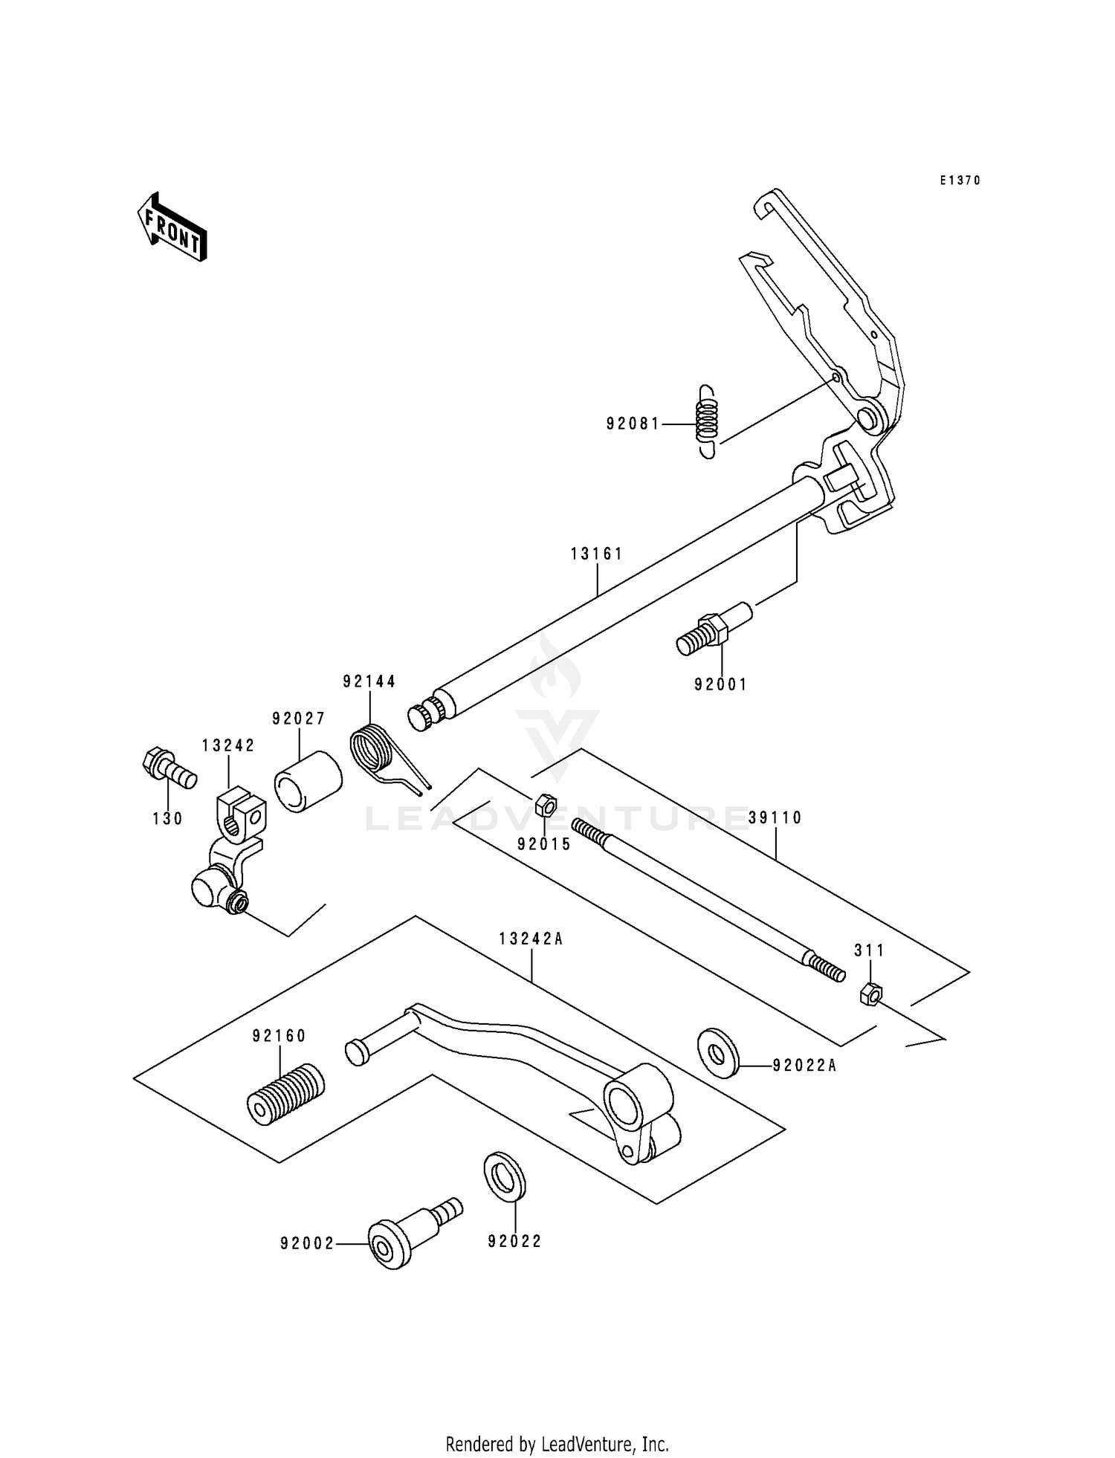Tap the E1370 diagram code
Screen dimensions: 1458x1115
pos(960,181)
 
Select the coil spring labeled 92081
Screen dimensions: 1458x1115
pos(708,421)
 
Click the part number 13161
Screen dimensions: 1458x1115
pos(597,554)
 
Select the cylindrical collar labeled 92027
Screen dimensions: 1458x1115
pos(308,782)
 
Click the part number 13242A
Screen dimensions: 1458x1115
pos(531,939)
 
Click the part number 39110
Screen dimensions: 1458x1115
pos(775,818)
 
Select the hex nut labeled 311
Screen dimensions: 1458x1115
pos(870,993)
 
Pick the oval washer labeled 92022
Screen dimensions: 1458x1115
pos(505,1176)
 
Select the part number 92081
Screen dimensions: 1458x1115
pos(633,424)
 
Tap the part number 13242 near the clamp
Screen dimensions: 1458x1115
pos(229,745)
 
